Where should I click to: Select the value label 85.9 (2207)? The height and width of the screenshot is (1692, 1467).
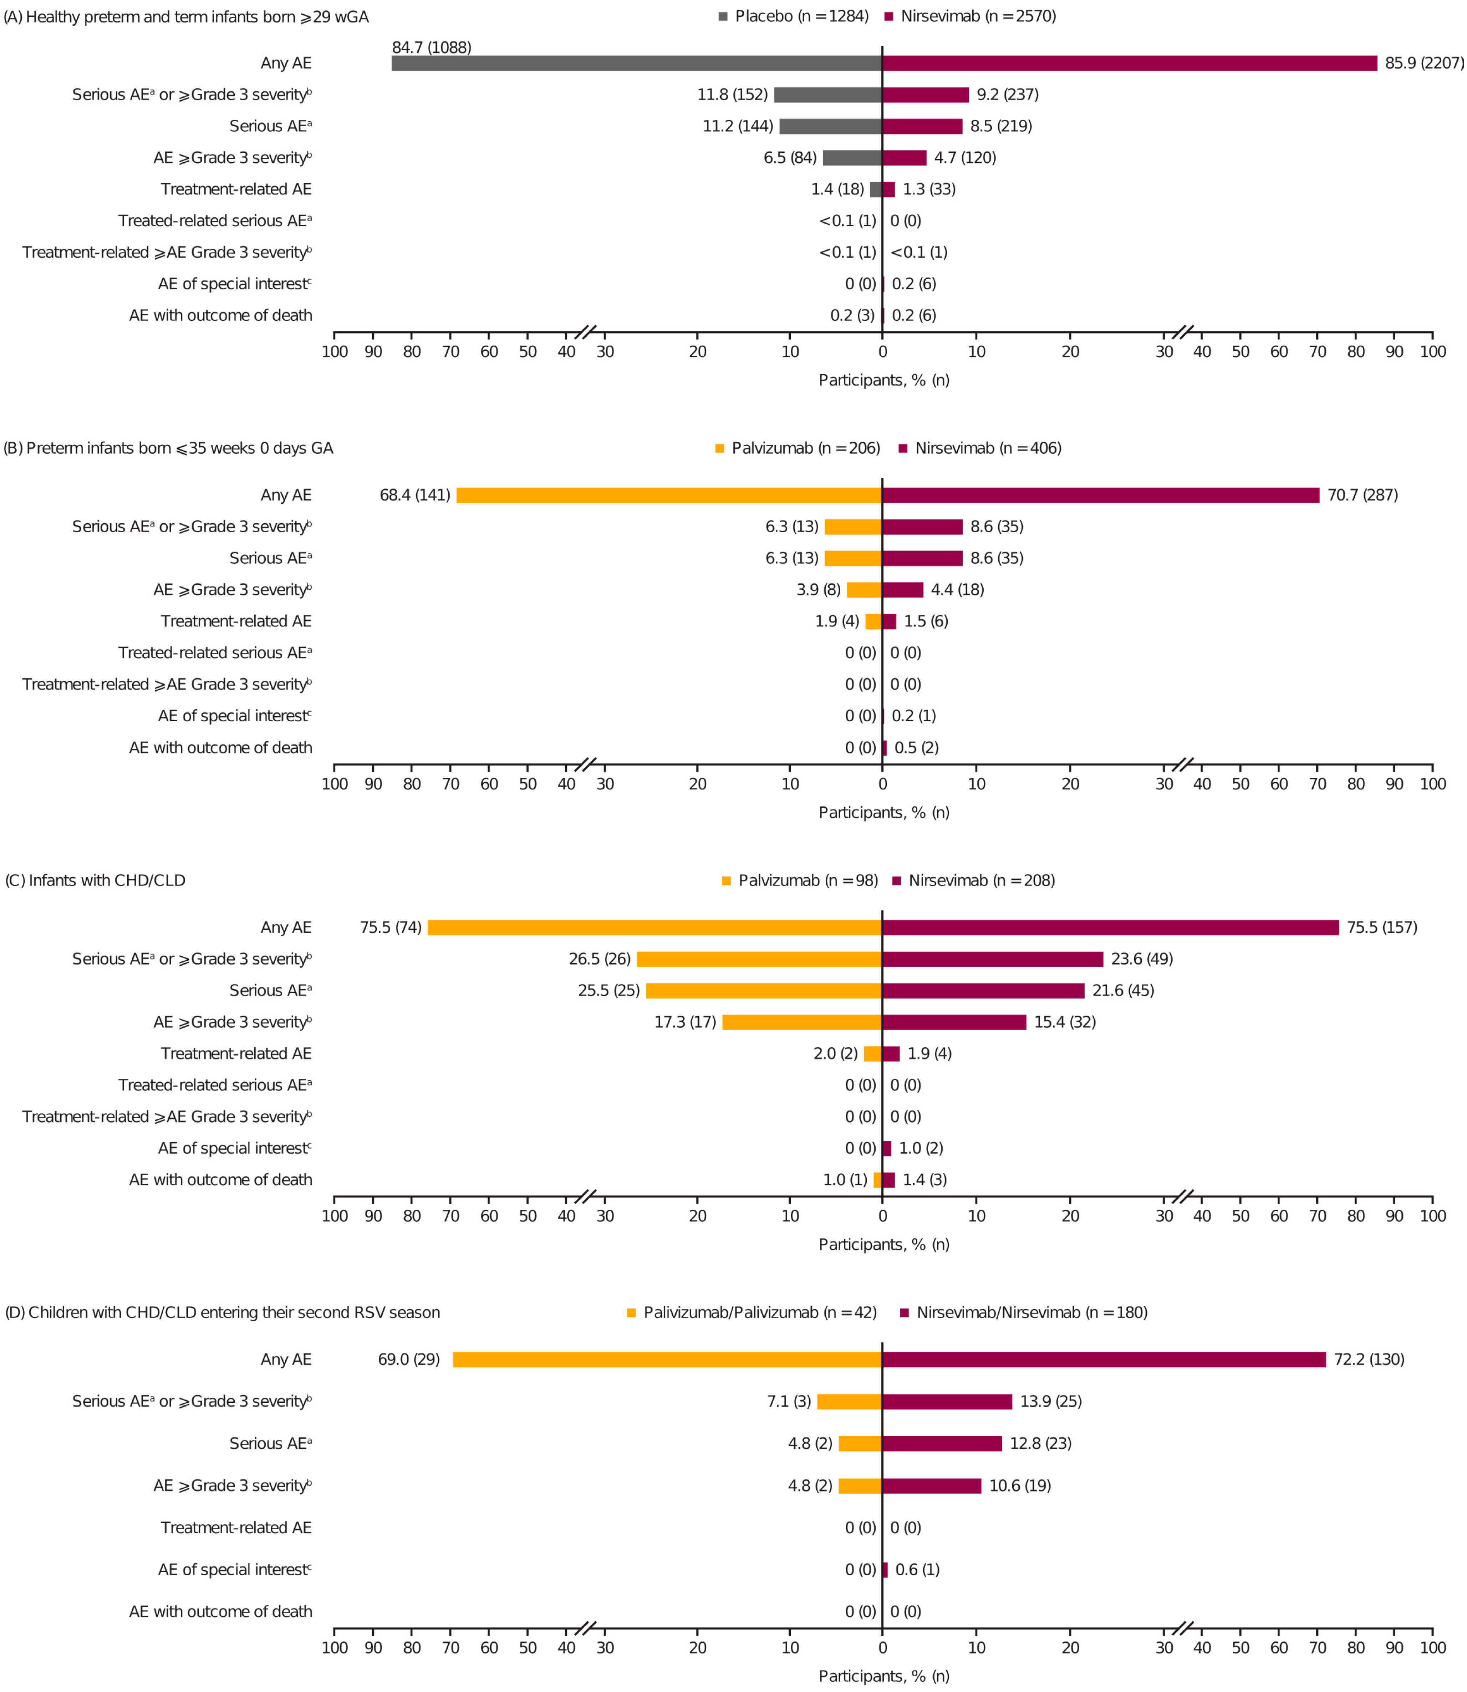tap(1423, 63)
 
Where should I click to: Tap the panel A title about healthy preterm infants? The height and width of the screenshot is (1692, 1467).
tap(187, 16)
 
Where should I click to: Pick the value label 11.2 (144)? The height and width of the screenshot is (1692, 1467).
tap(738, 126)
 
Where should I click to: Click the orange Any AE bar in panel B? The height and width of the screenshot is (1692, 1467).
tap(669, 495)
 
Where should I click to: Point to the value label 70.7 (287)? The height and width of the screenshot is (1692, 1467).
tap(1362, 495)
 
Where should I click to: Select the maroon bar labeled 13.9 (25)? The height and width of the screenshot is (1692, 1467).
tap(947, 1402)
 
